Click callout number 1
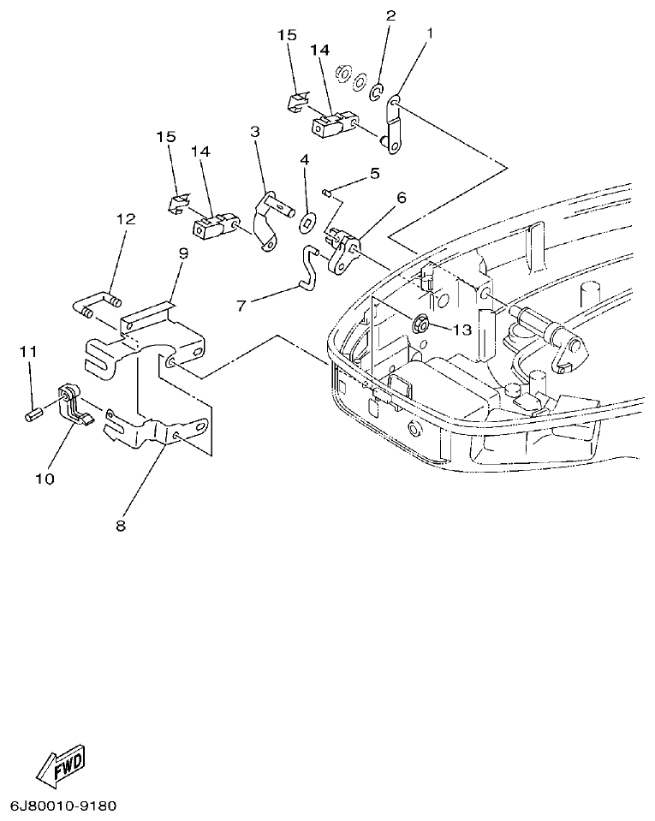pyautogui.click(x=429, y=34)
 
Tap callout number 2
pyautogui.click(x=390, y=15)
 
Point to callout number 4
pyautogui.click(x=303, y=160)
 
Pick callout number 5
pyautogui.click(x=374, y=174)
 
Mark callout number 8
pyautogui.click(x=120, y=526)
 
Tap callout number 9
pyautogui.click(x=182, y=253)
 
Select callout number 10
pyautogui.click(x=44, y=479)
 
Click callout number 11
pyautogui.click(x=29, y=352)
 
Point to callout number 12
pyautogui.click(x=126, y=220)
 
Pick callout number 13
pyautogui.click(x=462, y=330)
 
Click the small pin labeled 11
pyautogui.click(x=33, y=416)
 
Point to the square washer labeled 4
pyautogui.click(x=306, y=225)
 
